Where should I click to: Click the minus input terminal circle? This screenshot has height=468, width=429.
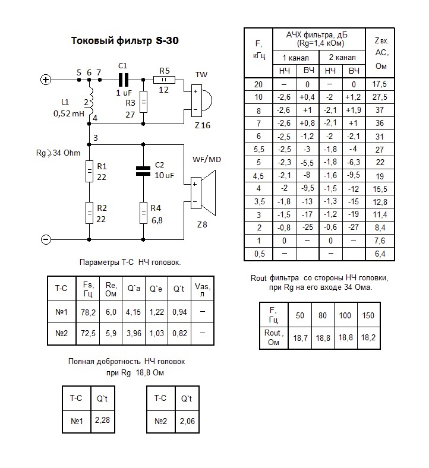45,239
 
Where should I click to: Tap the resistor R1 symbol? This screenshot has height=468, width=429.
89,171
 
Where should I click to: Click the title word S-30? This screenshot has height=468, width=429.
167,42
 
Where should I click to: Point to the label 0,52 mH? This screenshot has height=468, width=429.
69,113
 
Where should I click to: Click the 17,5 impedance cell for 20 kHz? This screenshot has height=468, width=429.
380,84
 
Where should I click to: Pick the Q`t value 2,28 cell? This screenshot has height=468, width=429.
102,421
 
